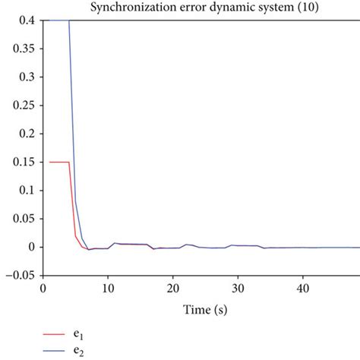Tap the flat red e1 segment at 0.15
pyautogui.click(x=59, y=162)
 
